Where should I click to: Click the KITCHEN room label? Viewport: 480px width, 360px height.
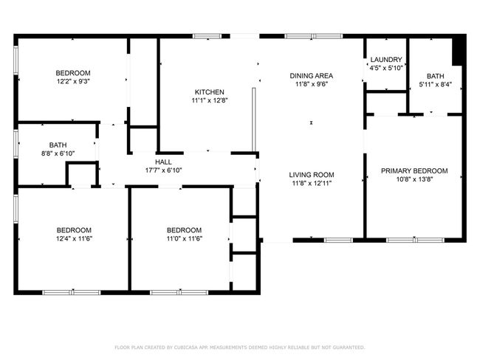click(x=210, y=91)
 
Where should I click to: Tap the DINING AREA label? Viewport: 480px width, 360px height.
click(x=312, y=75)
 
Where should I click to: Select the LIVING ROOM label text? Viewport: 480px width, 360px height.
click(x=312, y=175)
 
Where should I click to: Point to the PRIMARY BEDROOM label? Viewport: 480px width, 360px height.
click(x=414, y=170)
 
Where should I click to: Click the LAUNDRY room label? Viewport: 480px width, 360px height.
click(x=386, y=59)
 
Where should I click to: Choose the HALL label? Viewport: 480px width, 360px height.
click(x=163, y=162)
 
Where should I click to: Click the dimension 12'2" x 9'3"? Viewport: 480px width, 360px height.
click(x=73, y=81)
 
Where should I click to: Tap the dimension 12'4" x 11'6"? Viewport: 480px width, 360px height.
click(x=74, y=238)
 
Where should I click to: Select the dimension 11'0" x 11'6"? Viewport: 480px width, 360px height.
click(x=185, y=238)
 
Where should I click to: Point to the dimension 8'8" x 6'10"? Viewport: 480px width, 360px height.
click(x=58, y=153)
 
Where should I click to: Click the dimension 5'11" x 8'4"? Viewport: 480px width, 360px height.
click(x=435, y=84)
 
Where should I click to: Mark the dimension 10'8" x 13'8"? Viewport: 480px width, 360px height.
click(x=414, y=179)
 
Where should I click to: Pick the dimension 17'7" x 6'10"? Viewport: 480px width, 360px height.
click(x=163, y=170)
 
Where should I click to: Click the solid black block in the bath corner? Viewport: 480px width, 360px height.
click(x=457, y=50)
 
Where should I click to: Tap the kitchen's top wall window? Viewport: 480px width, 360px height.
click(x=208, y=36)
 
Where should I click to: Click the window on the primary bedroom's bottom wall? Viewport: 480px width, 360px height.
click(x=416, y=240)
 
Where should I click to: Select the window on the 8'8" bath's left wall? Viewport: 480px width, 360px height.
click(x=16, y=145)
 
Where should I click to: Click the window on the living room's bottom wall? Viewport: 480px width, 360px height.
click(x=338, y=240)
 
